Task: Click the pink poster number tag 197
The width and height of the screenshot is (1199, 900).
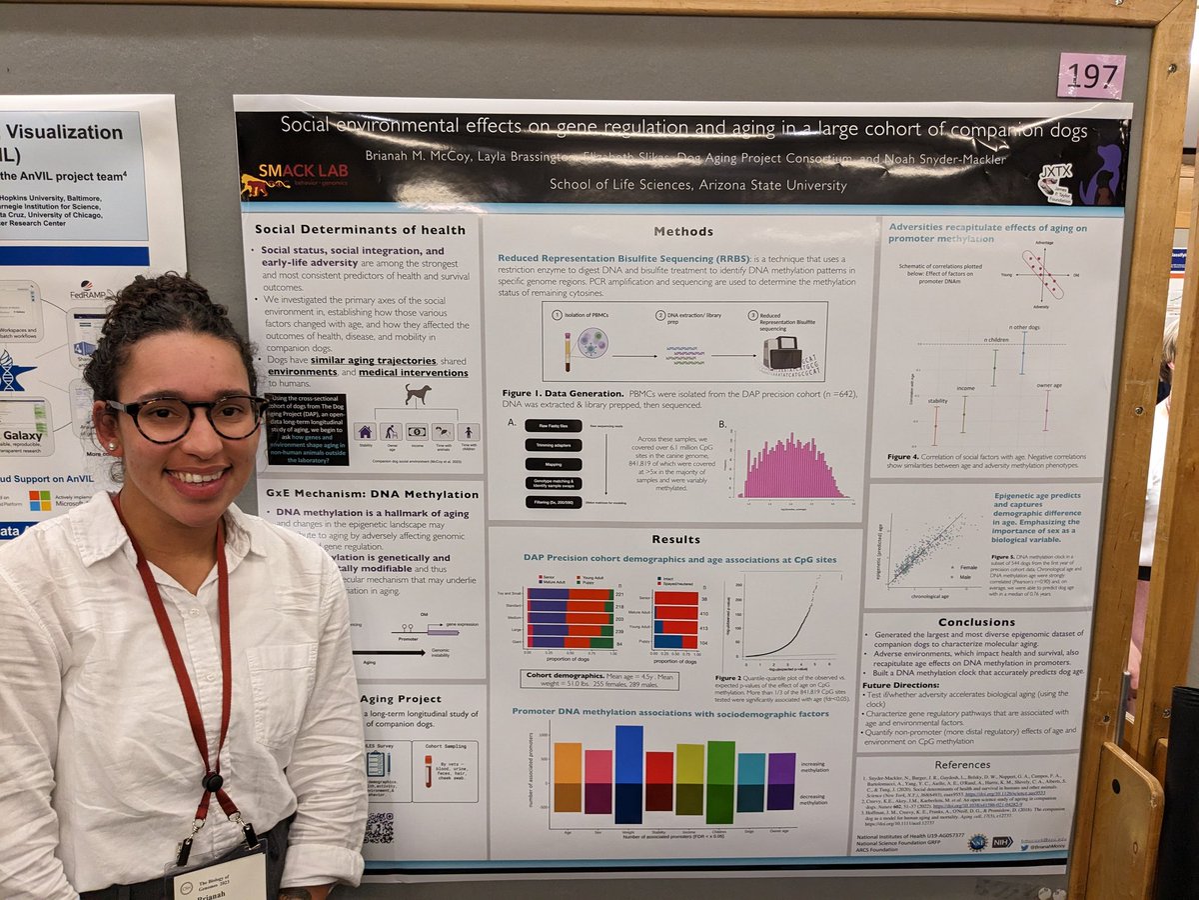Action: (1091, 75)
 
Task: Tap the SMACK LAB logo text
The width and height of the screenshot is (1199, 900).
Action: (290, 171)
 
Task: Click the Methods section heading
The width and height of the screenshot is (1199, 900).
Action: (683, 231)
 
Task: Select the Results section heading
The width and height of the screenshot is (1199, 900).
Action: (676, 539)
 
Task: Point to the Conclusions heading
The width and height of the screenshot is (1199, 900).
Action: (976, 621)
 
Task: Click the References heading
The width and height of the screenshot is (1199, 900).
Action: (962, 765)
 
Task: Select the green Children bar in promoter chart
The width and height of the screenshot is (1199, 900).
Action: (720, 782)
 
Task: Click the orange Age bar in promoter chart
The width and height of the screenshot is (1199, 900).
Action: (568, 777)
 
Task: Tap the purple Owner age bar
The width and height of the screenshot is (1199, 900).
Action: (781, 781)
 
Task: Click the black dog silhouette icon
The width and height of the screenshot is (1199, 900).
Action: (418, 395)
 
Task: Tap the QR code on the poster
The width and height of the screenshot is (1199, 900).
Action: (379, 826)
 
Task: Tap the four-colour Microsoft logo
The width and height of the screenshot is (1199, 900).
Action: (39, 499)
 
